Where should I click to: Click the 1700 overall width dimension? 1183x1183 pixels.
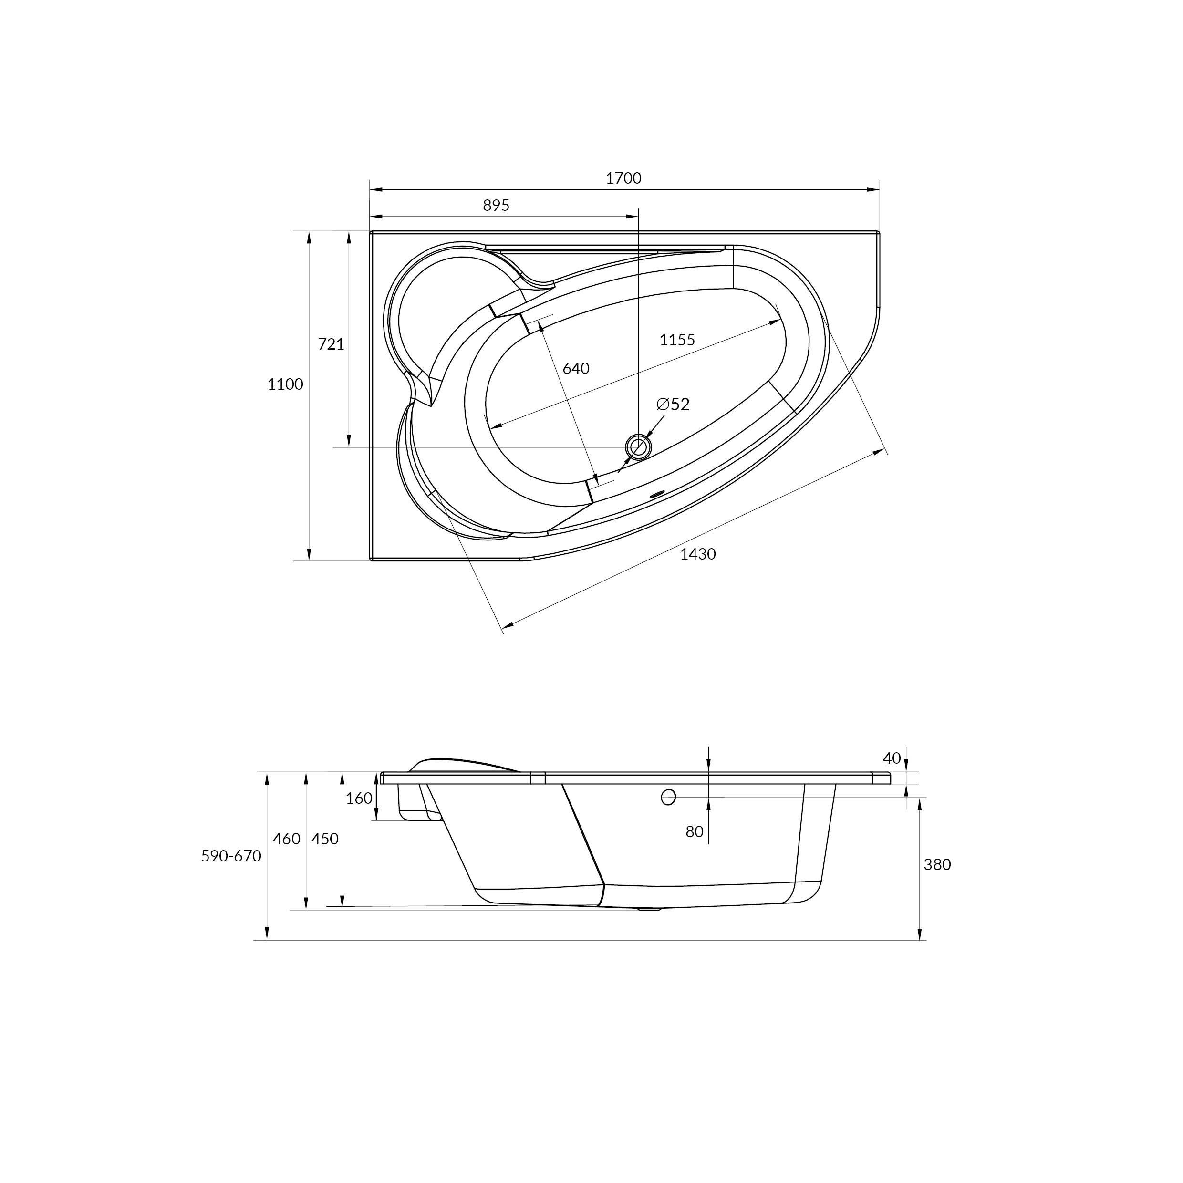coord(623,178)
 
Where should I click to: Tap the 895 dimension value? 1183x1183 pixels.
coord(496,206)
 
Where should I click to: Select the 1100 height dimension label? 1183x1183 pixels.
coord(285,384)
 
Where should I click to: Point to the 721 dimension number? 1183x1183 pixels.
coord(331,345)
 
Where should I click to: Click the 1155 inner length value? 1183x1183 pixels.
coord(677,340)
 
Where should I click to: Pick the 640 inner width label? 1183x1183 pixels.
coord(576,369)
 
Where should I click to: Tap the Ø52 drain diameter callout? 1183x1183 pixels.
coord(673,404)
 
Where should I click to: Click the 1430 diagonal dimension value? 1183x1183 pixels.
coord(698,554)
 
